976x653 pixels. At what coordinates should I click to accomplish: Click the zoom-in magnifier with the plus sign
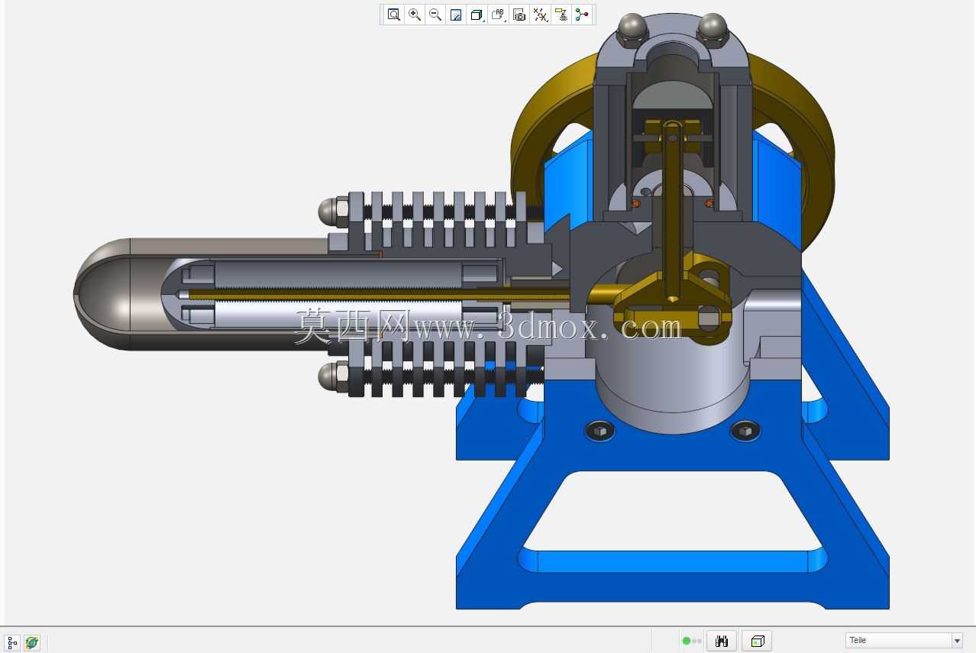click(415, 15)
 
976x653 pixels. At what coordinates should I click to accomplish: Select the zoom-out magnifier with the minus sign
click(435, 15)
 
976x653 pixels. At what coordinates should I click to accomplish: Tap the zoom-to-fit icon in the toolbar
click(393, 15)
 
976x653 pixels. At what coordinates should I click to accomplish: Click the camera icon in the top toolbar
click(519, 15)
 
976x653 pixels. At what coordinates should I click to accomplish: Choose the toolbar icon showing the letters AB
click(498, 15)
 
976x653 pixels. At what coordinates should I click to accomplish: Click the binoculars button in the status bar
click(722, 641)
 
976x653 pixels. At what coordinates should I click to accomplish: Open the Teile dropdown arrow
click(957, 641)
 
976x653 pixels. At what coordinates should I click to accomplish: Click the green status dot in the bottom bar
click(687, 641)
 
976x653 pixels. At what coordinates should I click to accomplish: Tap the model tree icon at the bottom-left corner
click(11, 642)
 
